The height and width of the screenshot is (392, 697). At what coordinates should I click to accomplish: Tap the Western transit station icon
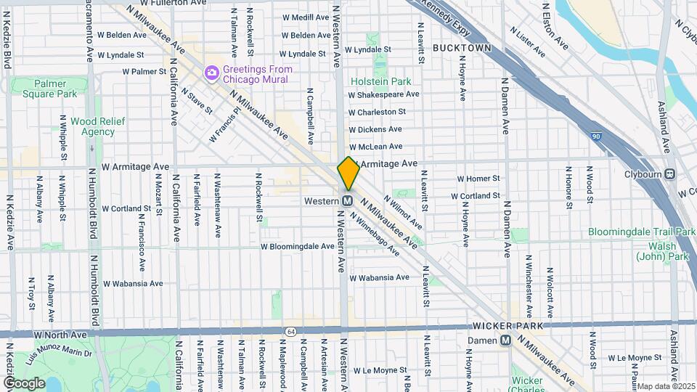(x=348, y=200)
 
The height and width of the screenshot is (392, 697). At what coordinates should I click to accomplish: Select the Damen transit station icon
(x=505, y=340)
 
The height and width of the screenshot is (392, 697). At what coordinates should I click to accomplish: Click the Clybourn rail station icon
(x=669, y=174)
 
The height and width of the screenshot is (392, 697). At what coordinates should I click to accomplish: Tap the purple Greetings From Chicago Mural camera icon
(x=211, y=71)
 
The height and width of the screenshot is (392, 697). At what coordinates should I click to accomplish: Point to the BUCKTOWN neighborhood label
(x=462, y=48)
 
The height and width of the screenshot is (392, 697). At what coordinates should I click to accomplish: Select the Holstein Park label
(x=380, y=82)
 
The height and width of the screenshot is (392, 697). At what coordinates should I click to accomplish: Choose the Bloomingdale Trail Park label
(x=642, y=232)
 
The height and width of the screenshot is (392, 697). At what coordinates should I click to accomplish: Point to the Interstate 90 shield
(x=597, y=136)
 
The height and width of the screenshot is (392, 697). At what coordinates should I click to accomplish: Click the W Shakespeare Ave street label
(x=383, y=94)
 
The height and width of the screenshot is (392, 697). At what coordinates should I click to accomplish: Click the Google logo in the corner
(x=25, y=383)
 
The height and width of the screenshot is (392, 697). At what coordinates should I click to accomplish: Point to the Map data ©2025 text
(x=665, y=386)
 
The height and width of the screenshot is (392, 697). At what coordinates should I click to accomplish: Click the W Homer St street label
(x=478, y=179)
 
